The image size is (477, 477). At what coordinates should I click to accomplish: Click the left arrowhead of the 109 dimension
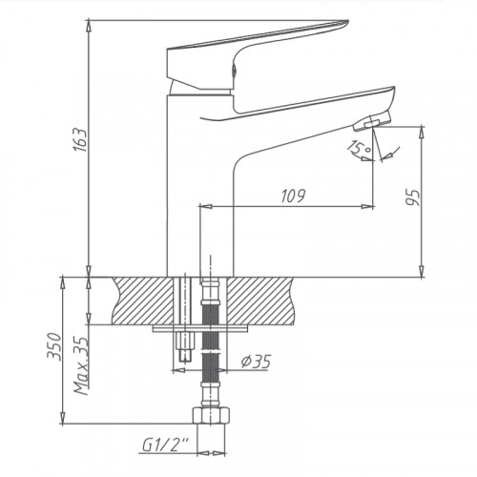[208, 206]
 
